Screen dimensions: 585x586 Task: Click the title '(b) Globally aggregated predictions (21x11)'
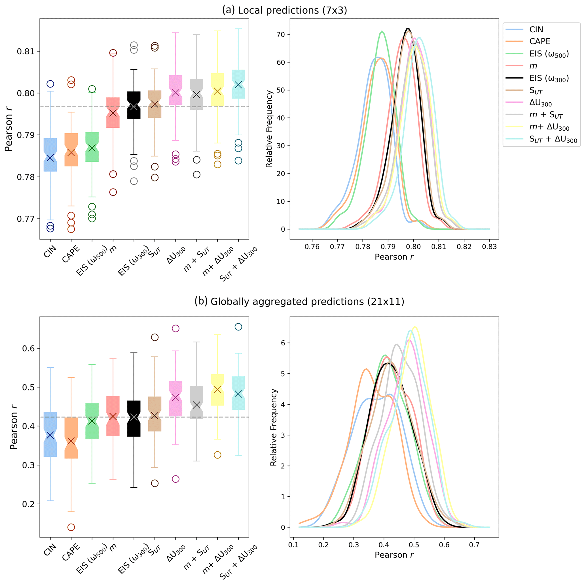pos(299,302)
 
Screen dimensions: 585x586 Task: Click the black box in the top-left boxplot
pos(134,105)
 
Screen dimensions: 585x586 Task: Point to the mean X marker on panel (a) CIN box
pos(50,158)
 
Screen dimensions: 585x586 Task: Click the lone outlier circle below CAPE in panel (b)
pos(71,528)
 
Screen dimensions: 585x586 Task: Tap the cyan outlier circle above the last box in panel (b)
pos(238,327)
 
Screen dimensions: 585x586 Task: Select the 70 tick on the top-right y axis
pos(281,35)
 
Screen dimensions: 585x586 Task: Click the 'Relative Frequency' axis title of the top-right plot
pos(269,129)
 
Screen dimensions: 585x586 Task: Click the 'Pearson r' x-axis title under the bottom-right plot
pos(394,555)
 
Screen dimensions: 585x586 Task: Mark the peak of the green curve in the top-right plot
pos(382,31)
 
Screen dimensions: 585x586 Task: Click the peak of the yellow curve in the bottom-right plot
pos(415,327)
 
